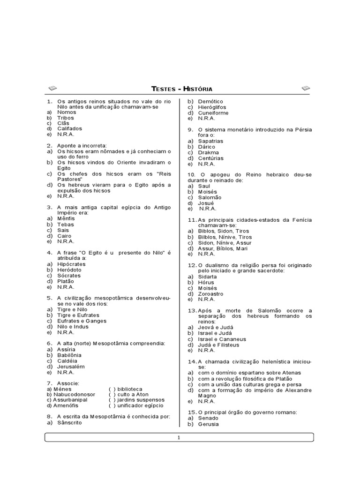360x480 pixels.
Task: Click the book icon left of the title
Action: [x=52, y=88]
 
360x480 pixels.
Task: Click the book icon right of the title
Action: [x=306, y=88]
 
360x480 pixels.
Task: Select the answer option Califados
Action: [x=69, y=128]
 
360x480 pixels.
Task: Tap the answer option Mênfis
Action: [x=66, y=218]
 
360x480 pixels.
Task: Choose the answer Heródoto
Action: [x=69, y=270]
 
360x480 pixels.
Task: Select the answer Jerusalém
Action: [x=71, y=367]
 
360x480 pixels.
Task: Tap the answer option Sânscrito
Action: [x=69, y=422]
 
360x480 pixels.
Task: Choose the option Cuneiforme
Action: [x=213, y=113]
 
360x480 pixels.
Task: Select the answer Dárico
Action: [x=207, y=147]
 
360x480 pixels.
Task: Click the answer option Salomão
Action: [x=210, y=197]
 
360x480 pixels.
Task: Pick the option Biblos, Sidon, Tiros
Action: [x=224, y=231]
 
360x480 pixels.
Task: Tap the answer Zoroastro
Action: [x=210, y=294]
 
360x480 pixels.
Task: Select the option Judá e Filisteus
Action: [x=218, y=345]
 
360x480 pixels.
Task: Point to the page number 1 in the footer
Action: [x=179, y=438]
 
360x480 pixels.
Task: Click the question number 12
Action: [x=192, y=265]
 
